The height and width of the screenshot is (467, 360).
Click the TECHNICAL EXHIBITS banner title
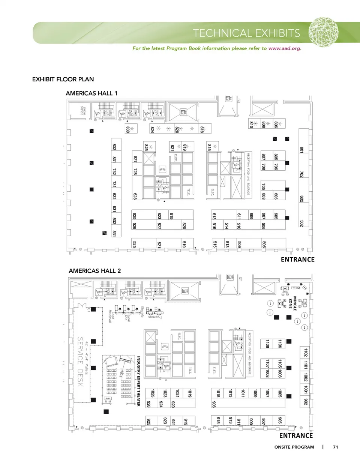[x=246, y=33]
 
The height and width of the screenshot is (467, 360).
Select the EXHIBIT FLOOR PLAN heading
[x=63, y=79]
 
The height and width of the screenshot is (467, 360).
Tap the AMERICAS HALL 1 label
[x=91, y=93]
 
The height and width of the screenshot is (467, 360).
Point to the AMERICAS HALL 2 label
[x=95, y=271]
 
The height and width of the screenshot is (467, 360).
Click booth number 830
[x=128, y=129]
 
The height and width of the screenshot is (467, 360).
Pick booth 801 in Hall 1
[x=301, y=150]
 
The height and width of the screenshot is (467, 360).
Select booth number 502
[x=301, y=223]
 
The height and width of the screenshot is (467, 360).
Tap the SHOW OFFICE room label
[x=83, y=111]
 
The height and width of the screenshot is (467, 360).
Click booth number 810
[x=251, y=124]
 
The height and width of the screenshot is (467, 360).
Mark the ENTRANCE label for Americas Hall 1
[x=298, y=260]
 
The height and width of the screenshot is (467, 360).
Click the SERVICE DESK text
[x=80, y=362]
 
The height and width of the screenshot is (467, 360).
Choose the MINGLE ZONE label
[x=292, y=303]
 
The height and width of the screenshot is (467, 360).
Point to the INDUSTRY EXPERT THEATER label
[x=138, y=381]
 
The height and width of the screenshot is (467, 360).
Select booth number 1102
[x=306, y=352]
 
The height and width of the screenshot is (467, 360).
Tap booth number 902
[x=306, y=402]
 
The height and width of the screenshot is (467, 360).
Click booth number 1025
[x=153, y=393]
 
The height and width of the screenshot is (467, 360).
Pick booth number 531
[x=114, y=233]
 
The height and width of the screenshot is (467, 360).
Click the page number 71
[x=335, y=447]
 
